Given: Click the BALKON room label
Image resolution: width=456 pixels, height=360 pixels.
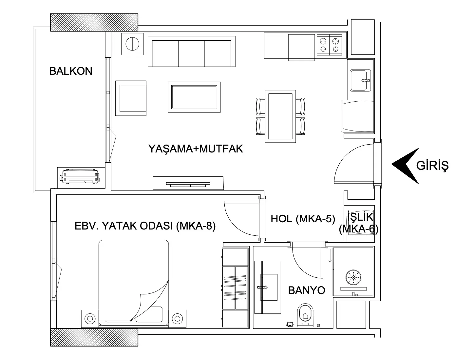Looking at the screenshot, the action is click(x=71, y=71).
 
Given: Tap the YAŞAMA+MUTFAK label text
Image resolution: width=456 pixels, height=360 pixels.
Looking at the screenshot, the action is click(x=195, y=149).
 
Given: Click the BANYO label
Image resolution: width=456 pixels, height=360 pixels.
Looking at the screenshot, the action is click(x=307, y=290).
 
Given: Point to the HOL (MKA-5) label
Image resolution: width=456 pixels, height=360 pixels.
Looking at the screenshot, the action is click(x=303, y=219).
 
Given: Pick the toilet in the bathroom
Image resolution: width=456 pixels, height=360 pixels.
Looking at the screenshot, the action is click(x=305, y=315).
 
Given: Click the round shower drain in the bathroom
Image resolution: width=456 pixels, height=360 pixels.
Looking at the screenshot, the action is click(x=353, y=277).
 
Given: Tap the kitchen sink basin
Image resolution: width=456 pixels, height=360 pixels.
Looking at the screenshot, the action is click(x=360, y=80).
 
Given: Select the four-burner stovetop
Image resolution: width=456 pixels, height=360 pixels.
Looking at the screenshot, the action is click(x=329, y=45).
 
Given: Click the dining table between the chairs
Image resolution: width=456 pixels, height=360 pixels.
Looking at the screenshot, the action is click(x=280, y=116).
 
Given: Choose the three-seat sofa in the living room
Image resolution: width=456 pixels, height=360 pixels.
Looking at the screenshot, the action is click(x=191, y=51).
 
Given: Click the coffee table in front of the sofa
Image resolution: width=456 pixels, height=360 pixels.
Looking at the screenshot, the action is click(x=194, y=97).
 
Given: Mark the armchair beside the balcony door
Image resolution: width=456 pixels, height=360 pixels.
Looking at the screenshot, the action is click(x=131, y=98).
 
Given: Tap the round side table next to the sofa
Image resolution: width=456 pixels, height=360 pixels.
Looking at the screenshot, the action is click(x=132, y=44).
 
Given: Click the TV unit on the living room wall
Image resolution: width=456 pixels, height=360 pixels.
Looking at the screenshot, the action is click(x=188, y=183).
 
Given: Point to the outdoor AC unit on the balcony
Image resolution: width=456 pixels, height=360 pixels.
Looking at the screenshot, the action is click(x=80, y=176).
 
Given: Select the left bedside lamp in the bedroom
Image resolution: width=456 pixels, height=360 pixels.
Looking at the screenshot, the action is click(x=90, y=318).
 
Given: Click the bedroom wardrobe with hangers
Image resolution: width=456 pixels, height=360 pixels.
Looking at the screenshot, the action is click(x=235, y=288).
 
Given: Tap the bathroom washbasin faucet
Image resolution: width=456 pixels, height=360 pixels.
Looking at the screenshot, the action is click(x=262, y=287).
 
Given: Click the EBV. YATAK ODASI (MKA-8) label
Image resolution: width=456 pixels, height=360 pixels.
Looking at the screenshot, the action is click(x=145, y=226).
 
